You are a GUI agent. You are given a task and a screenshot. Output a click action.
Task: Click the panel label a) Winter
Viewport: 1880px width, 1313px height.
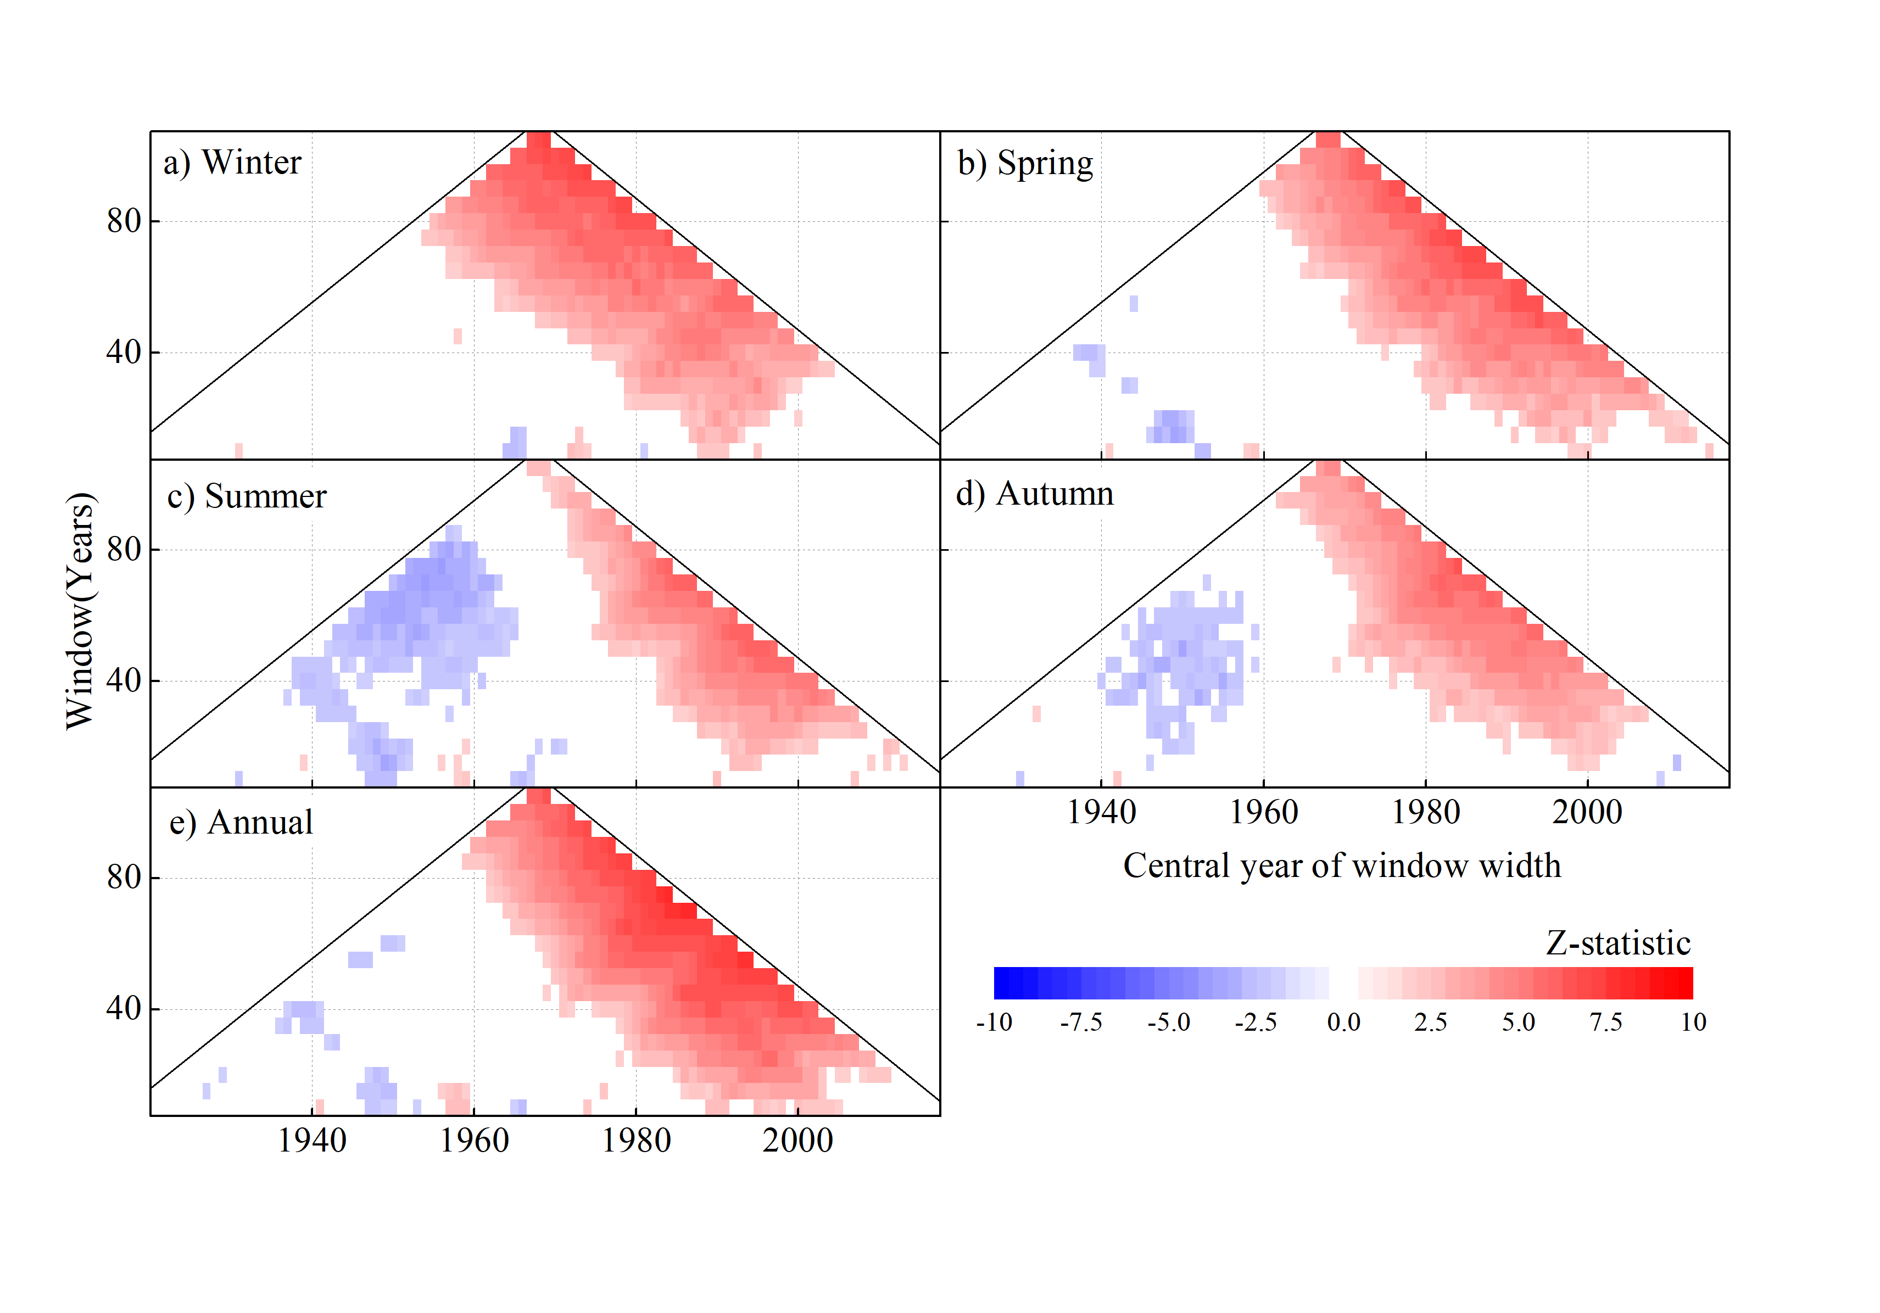232,163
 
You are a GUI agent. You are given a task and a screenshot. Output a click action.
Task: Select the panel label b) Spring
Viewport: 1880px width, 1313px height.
1025,164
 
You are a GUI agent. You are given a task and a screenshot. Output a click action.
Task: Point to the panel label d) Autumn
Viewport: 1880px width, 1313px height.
1035,494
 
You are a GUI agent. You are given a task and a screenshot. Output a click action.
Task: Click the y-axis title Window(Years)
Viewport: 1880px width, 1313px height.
80,610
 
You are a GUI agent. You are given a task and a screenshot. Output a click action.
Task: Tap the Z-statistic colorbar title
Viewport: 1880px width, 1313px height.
1617,943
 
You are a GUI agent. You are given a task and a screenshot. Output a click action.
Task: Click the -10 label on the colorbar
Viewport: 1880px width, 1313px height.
994,1023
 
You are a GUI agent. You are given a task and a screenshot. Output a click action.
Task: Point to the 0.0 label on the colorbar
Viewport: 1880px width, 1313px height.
1343,1023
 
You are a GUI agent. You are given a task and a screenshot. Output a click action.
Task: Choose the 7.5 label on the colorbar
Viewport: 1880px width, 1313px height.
1606,1023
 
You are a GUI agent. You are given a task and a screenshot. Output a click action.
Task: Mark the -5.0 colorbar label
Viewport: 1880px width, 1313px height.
1168,1023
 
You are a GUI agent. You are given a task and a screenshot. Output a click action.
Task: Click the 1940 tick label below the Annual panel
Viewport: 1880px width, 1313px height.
312,1140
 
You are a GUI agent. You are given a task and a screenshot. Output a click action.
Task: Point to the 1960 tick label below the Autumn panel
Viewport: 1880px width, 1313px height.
1263,812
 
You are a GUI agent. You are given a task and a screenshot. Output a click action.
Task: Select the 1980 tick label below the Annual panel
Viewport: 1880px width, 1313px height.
636,1140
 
